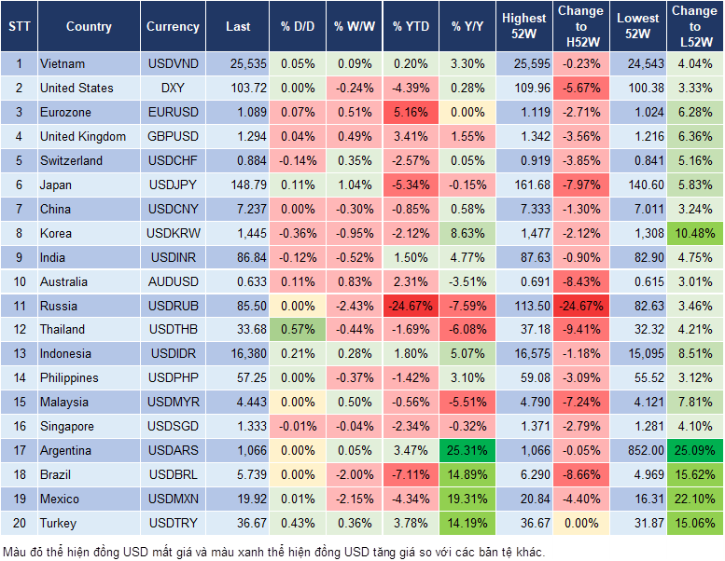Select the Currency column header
click(173, 27)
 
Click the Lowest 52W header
click(639, 27)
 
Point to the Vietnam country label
click(63, 64)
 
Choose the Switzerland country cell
click(71, 160)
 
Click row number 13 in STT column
click(18, 353)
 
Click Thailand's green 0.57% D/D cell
click(297, 329)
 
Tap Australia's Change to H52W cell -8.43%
click(582, 281)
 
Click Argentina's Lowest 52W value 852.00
click(639, 450)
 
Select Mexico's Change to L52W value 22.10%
click(694, 499)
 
